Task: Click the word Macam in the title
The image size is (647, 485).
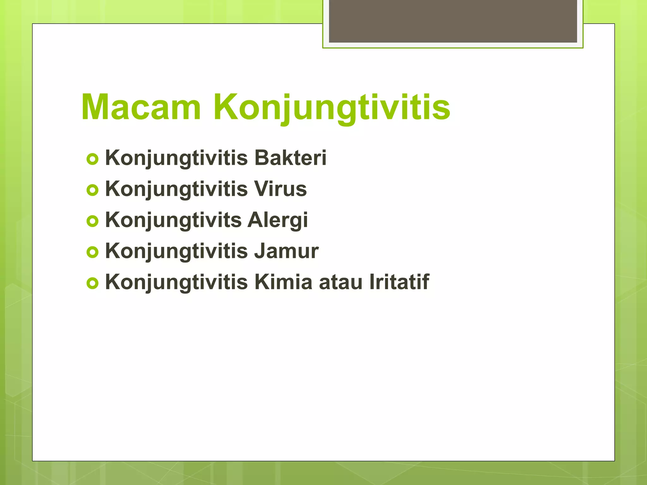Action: (x=141, y=107)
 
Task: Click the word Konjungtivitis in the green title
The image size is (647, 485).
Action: (x=332, y=107)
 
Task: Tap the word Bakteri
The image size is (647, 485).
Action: (x=290, y=158)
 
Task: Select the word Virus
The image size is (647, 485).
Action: (x=281, y=189)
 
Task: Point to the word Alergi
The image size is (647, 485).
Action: (x=277, y=220)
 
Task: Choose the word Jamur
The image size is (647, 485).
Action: (x=287, y=251)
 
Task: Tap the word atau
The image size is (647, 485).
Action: (x=340, y=282)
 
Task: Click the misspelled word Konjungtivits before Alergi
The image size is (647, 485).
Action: (x=173, y=220)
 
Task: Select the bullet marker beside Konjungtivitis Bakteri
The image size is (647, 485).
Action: (x=93, y=159)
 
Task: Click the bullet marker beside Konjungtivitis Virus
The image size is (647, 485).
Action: (x=93, y=190)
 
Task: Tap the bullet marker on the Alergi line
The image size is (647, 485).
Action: (x=93, y=221)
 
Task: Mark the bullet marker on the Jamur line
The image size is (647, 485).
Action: (x=93, y=253)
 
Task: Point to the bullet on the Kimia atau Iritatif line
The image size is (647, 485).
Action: (x=93, y=284)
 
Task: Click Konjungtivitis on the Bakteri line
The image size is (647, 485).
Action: (x=176, y=158)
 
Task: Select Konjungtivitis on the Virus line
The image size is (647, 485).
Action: (x=176, y=189)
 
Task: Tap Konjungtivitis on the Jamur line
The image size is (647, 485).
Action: (x=176, y=251)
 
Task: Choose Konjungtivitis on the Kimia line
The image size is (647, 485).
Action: (x=176, y=282)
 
